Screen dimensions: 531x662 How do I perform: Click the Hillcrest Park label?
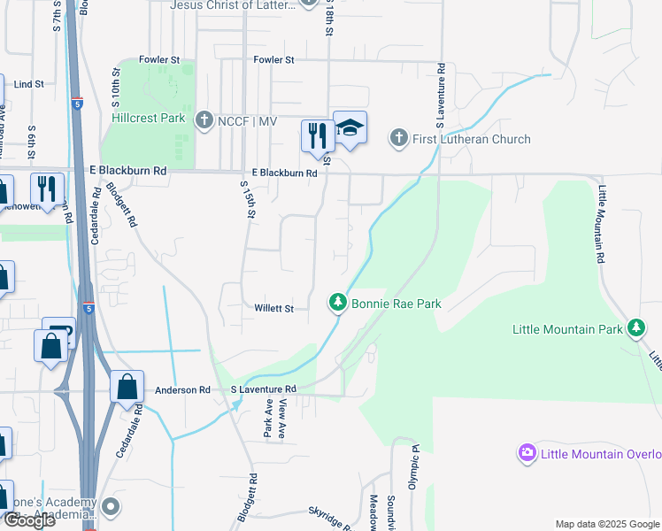point(149,118)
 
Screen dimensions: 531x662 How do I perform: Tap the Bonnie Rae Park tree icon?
point(337,304)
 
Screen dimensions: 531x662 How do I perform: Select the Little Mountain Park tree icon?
point(635,329)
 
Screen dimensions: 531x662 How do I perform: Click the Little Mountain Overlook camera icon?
point(527,454)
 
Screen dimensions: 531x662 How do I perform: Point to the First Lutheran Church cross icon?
point(398,138)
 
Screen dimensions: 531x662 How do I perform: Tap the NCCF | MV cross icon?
point(204,119)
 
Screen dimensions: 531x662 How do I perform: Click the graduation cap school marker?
point(350,128)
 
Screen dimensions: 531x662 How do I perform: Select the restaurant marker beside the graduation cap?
point(313,135)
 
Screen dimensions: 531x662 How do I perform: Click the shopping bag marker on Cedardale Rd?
point(127,387)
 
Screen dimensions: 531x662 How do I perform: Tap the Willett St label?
point(274,309)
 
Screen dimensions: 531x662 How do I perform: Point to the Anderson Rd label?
point(182,389)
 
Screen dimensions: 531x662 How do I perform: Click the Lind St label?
point(29,84)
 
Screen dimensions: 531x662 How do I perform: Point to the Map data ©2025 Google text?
point(607,524)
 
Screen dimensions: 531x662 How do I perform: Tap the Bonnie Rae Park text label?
point(396,304)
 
